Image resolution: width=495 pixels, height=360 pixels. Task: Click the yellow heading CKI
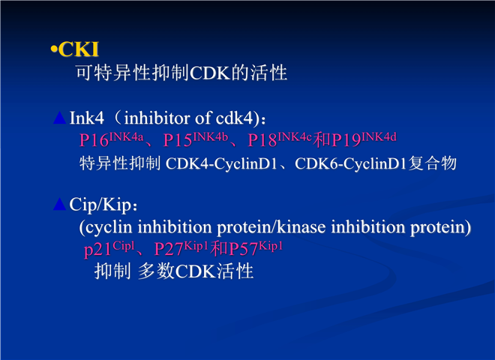point(78,49)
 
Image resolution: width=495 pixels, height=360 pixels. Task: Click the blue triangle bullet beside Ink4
point(60,118)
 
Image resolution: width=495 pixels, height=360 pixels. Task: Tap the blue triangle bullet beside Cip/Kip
point(60,204)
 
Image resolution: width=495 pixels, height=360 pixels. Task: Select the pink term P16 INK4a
point(112,139)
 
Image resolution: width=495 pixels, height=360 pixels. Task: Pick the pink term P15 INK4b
point(196,139)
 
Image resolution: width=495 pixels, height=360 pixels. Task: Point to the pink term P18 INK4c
point(280,139)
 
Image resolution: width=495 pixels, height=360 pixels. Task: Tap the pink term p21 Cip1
point(109,248)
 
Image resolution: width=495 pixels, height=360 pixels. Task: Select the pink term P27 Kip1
point(181,248)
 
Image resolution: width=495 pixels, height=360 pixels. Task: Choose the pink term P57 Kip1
point(256,248)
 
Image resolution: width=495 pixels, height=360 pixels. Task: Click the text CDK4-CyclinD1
point(221,164)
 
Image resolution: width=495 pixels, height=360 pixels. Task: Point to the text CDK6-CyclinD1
point(350,164)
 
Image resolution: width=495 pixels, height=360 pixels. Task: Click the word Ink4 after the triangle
point(87,118)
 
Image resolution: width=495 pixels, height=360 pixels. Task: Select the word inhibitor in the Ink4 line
point(157,118)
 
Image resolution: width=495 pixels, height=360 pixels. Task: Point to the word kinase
point(301,227)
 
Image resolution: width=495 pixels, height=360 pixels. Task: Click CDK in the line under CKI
point(210,73)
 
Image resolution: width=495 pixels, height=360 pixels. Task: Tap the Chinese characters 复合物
point(433,163)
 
